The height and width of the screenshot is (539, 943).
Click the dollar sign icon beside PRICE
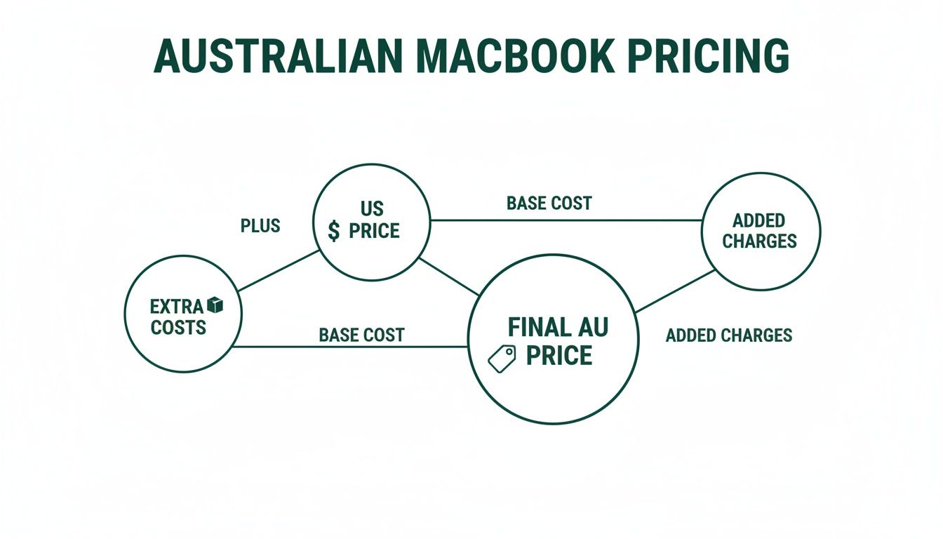tap(335, 230)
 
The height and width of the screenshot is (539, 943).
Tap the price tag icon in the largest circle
tap(502, 357)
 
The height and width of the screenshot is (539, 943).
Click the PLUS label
tap(260, 226)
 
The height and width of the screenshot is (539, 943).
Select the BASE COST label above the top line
tap(549, 204)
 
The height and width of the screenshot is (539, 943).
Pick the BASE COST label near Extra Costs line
tap(361, 335)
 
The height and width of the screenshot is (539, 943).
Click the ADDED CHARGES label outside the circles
tap(728, 335)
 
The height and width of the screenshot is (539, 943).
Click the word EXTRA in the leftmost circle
tap(176, 307)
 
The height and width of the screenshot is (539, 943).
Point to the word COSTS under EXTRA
tap(178, 327)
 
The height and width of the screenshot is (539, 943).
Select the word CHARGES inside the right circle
tap(759, 241)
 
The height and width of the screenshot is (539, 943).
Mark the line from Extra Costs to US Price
tap(278, 270)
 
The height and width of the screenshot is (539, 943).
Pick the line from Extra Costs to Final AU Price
tap(351, 346)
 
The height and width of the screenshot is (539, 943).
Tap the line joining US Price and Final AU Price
tap(449, 277)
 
